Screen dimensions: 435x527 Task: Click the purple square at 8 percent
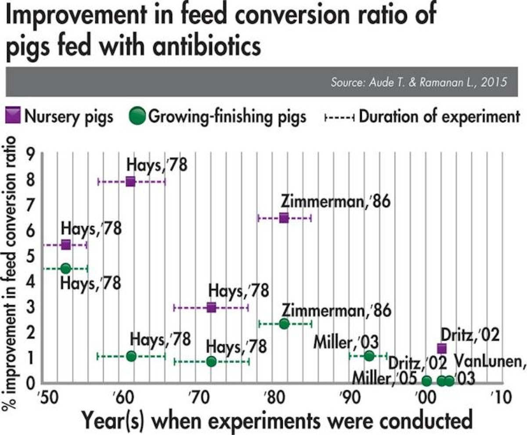[130, 181]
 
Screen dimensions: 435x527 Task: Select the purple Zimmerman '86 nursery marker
[284, 217]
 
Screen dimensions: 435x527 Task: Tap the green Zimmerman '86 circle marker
[284, 324]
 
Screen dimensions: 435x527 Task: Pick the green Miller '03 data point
[369, 356]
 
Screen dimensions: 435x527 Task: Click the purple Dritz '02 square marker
[442, 349]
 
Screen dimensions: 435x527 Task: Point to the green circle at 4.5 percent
[66, 268]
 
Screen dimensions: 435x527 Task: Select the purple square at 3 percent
[211, 307]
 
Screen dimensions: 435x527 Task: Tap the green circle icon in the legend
[138, 116]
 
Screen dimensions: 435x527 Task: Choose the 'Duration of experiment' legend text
[437, 116]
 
